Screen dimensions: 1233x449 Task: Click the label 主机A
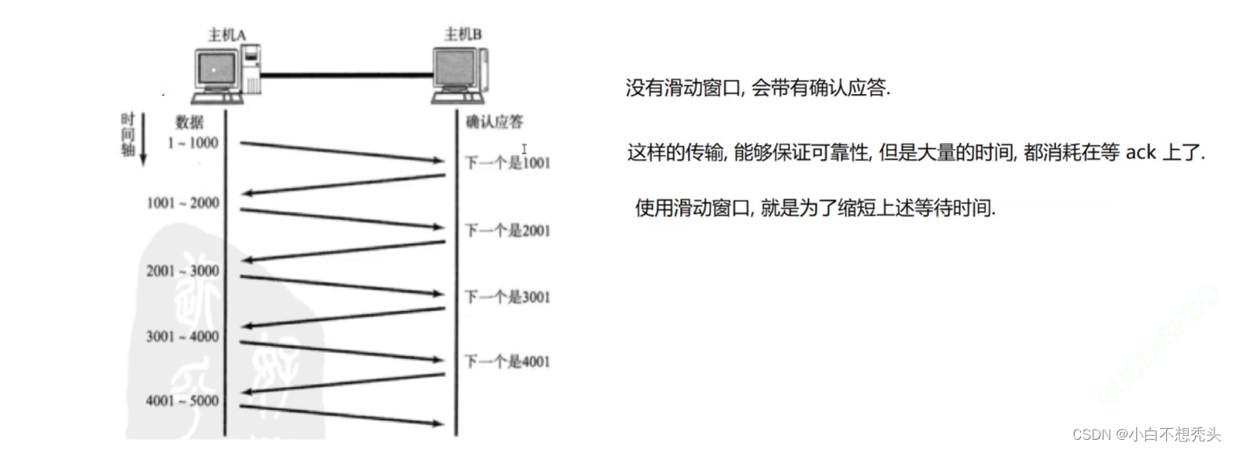(x=226, y=35)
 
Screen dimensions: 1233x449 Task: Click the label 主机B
(x=463, y=34)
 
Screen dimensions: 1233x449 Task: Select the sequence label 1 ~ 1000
(x=193, y=143)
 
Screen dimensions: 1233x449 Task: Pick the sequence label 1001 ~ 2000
(x=183, y=203)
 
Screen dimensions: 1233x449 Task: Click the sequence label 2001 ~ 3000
(x=183, y=271)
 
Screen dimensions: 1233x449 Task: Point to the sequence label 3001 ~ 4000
(x=183, y=337)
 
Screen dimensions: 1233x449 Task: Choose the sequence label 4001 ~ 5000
(x=183, y=401)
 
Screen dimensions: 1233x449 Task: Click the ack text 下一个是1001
(x=507, y=163)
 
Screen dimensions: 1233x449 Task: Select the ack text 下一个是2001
(x=507, y=230)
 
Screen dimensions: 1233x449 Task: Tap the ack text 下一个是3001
(x=507, y=297)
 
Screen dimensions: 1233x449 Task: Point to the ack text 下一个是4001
(x=507, y=361)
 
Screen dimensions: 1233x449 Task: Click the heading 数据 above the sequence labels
(x=189, y=123)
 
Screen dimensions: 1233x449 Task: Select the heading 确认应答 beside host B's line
(x=494, y=122)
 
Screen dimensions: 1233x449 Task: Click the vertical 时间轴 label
(x=128, y=134)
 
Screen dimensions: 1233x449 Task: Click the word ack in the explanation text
(x=1141, y=152)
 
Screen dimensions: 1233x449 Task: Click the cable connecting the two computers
(x=347, y=75)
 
